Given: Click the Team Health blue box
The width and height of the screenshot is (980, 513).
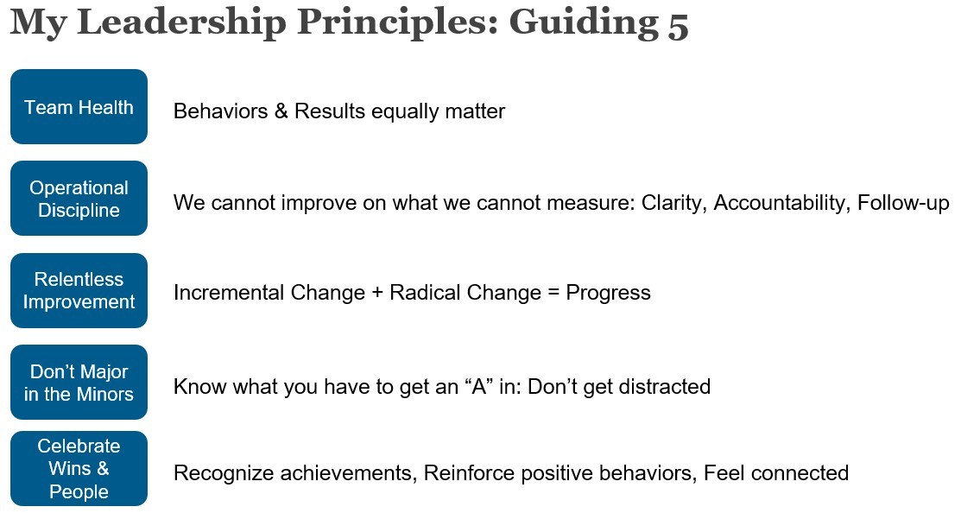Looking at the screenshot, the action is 79,107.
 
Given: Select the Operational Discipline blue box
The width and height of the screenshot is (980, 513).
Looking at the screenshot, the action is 79,199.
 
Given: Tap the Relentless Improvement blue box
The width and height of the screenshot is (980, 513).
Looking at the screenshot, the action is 79,290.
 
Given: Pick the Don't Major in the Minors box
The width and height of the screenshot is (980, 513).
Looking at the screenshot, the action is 79,383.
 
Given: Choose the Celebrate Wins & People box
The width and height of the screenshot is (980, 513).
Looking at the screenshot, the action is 79,469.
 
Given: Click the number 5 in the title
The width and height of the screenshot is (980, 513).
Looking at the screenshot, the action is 678,25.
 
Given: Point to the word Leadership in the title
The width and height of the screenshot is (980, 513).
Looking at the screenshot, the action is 181,23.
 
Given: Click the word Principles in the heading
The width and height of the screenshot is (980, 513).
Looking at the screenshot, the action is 397,23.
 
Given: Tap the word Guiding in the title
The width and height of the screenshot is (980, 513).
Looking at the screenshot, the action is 584,23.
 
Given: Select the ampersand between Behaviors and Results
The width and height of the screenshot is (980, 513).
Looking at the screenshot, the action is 281,111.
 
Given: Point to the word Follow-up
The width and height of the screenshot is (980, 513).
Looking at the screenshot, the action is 904,203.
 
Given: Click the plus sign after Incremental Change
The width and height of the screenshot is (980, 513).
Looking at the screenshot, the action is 377,293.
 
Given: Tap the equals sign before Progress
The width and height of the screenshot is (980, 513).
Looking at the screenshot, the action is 553,293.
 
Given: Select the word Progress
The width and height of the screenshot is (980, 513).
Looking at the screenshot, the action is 608,293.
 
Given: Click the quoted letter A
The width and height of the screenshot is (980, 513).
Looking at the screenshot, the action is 478,387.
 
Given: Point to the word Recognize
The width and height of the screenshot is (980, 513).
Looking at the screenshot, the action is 223,473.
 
